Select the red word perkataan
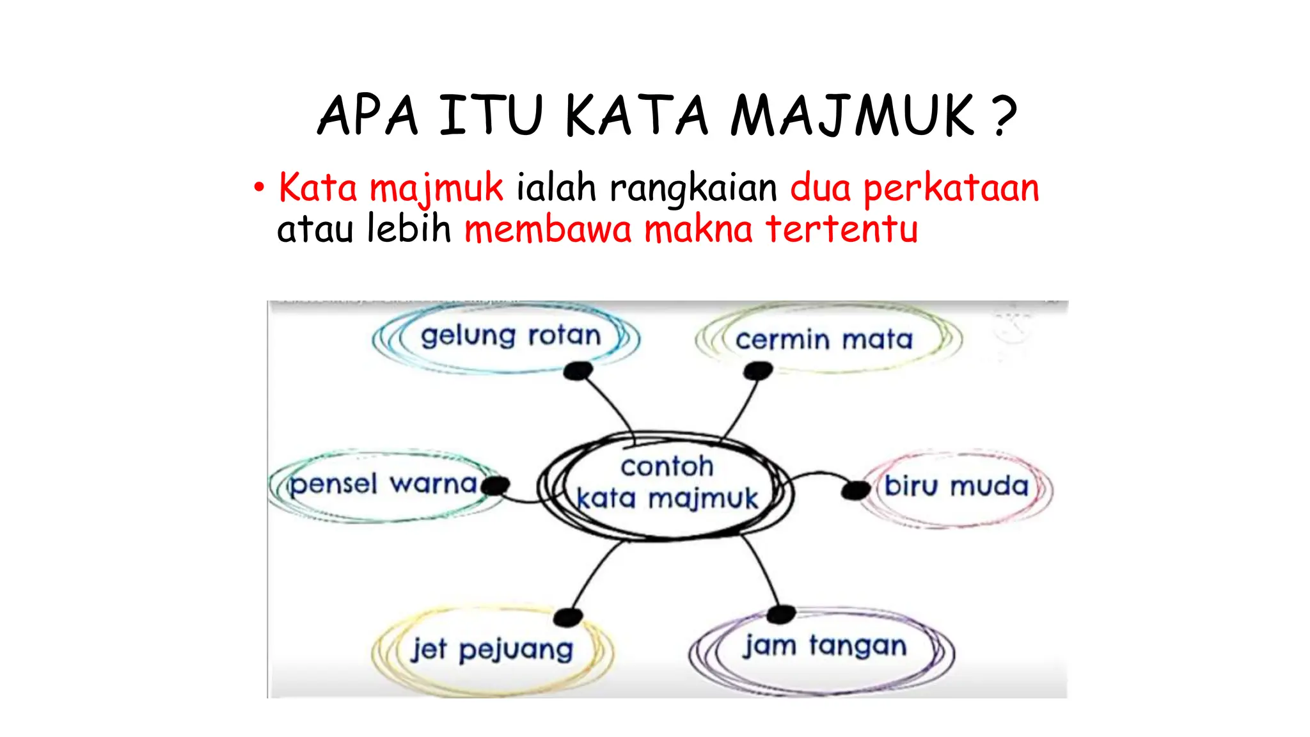click(951, 189)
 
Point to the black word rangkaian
click(693, 189)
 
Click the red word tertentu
click(842, 229)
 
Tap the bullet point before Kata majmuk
click(258, 188)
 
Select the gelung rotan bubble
click(510, 336)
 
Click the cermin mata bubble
click(824, 340)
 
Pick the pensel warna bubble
click(382, 484)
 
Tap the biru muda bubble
click(956, 487)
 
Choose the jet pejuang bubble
click(491, 650)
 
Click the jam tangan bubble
click(825, 646)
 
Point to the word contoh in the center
click(667, 466)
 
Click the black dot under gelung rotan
click(578, 370)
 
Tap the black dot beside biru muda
click(855, 491)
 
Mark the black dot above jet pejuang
click(567, 617)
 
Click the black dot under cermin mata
click(759, 370)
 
